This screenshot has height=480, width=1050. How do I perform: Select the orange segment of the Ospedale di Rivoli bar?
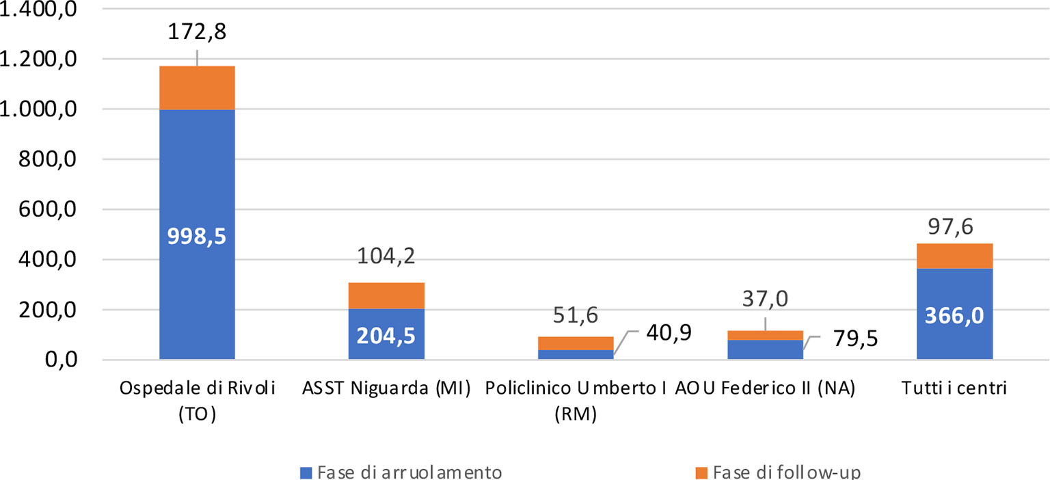coord(198,88)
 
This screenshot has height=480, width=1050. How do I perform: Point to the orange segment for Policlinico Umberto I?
coord(575,343)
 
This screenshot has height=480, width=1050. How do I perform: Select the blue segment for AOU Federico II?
coord(765,349)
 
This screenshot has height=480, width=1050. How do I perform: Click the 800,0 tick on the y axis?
coord(41,159)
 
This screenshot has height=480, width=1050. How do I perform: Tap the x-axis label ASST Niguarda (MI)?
coord(386,389)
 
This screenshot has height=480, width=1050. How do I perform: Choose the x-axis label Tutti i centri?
coord(954,389)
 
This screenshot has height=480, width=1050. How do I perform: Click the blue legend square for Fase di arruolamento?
coord(306,472)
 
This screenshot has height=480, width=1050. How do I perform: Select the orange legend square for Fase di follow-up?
coord(700,472)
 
